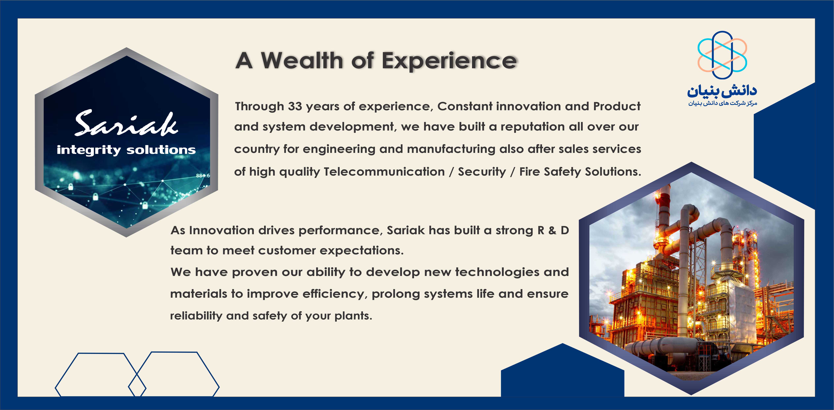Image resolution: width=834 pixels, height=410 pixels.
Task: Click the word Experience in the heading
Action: tap(449, 62)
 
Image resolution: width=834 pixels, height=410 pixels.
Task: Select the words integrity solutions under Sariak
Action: tap(126, 150)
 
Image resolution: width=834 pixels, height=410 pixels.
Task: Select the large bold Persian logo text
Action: tap(722, 91)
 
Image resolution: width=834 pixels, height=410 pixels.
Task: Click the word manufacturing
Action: tap(451, 149)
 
